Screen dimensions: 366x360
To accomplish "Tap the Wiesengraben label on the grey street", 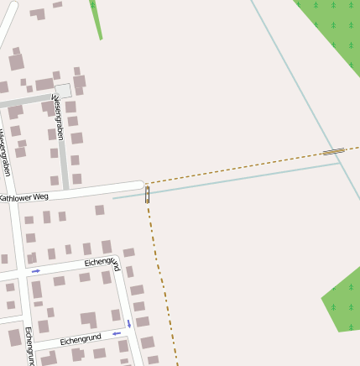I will point(59,118).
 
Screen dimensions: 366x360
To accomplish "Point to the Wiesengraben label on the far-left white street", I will point(5,151).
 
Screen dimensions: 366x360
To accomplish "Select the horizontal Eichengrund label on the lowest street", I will point(81,338).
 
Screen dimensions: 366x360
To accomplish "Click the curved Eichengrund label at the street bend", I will point(102,263).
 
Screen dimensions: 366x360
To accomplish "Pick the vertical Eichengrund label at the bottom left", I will point(29,346).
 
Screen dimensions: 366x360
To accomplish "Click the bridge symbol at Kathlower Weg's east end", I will point(148,195).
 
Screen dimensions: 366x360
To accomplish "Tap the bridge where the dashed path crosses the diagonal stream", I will point(333,152).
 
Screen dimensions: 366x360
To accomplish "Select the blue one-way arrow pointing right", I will point(36,271).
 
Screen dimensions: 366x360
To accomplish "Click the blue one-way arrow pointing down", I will point(129,323).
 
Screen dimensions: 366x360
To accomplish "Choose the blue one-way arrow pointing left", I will point(116,333).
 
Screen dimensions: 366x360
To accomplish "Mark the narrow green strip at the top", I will point(97,19).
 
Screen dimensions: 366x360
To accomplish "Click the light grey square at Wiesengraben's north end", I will point(63,90).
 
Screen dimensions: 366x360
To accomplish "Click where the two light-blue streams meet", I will point(340,162).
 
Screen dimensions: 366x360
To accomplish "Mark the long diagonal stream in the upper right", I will point(294,80).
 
